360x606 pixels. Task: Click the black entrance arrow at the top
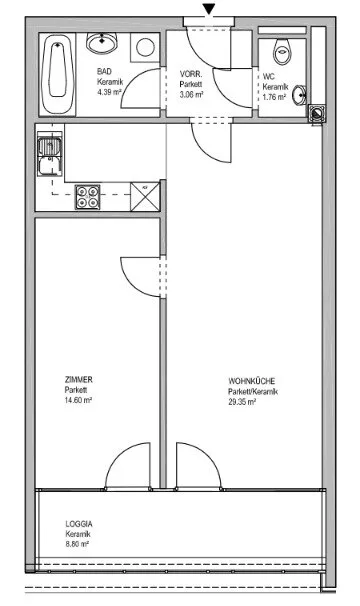[x=209, y=9]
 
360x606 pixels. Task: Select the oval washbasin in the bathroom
[x=102, y=42]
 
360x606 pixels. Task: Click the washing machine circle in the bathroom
[x=145, y=47]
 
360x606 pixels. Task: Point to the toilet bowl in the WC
[x=282, y=52]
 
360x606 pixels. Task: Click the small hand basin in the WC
[x=299, y=95]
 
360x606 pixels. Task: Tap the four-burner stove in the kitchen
[x=88, y=197]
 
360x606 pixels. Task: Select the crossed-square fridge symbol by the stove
[x=145, y=197]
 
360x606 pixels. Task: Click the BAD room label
[x=104, y=71]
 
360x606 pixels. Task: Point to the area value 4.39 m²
[x=109, y=92]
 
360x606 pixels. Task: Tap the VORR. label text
[x=191, y=74]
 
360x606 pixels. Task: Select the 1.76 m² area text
[x=274, y=97]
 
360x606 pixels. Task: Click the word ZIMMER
[x=78, y=380]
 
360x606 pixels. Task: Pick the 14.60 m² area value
[x=78, y=400]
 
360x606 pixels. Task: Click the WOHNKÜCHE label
[x=251, y=381]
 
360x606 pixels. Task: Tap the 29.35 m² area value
[x=242, y=402]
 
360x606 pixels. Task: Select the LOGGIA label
[x=79, y=524]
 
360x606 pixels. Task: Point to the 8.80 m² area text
[x=77, y=544]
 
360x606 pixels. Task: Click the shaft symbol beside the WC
[x=317, y=113]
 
